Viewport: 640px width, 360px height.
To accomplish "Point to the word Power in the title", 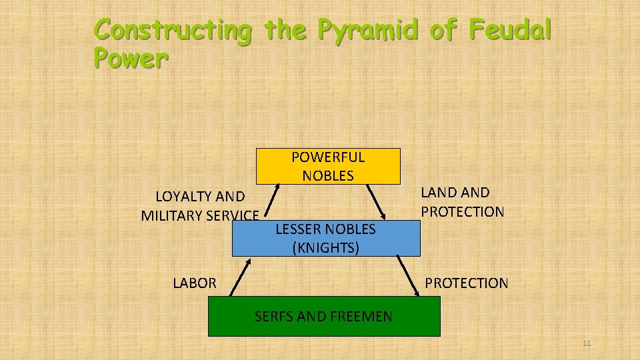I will (x=131, y=59).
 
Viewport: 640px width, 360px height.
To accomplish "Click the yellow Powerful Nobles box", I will (x=327, y=166).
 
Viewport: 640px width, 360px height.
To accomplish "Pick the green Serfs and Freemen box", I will (x=324, y=317).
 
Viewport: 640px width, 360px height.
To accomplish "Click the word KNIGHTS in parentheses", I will (x=326, y=248).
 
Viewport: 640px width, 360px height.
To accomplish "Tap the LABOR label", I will (x=195, y=283).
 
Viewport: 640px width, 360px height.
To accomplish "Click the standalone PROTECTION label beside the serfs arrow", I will (x=467, y=283).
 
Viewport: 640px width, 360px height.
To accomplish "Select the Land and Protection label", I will (x=462, y=202).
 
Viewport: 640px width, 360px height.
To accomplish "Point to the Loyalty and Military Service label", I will (x=200, y=206).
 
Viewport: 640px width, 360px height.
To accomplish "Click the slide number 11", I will (x=587, y=344).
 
